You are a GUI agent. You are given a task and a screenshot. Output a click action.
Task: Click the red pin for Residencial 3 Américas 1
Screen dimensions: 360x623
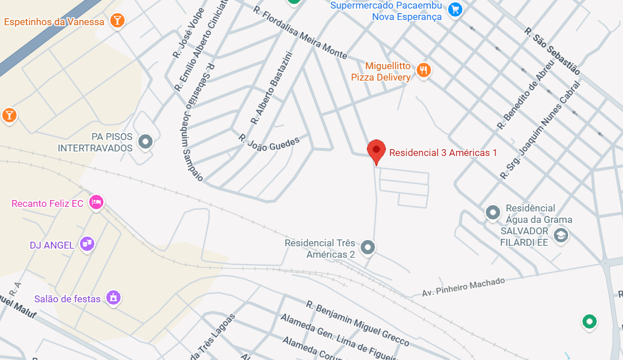[376, 151]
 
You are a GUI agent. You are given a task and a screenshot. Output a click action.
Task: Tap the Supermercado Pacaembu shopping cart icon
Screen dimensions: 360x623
[455, 9]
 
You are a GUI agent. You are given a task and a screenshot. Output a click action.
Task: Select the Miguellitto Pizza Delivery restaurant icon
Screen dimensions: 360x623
[424, 70]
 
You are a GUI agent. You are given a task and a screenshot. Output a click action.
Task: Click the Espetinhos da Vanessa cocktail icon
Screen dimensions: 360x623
[118, 21]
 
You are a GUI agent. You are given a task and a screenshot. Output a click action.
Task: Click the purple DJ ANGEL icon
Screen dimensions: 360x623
[87, 244]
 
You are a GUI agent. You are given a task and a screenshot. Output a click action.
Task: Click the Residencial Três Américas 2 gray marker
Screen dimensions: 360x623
[369, 247]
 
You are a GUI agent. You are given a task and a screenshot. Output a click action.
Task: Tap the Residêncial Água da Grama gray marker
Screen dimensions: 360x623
[493, 213]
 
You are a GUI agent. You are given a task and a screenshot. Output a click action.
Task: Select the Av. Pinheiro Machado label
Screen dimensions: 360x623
[464, 287]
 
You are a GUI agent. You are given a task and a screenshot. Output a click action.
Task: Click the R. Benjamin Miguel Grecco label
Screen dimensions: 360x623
[358, 323]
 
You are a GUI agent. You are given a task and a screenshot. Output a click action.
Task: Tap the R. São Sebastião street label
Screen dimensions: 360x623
[552, 51]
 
